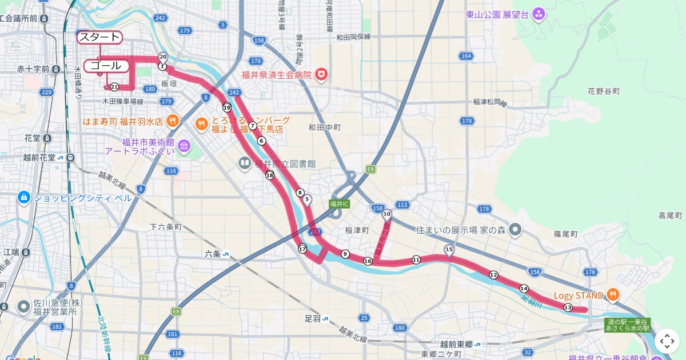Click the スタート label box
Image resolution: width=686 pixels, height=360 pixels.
coord(99,38)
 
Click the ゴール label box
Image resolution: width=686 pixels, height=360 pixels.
coord(106,66)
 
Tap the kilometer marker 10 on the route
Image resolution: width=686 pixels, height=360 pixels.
coord(387,215)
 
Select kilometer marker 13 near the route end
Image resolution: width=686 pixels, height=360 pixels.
coord(568,307)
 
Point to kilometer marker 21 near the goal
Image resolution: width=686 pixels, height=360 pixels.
coord(114,87)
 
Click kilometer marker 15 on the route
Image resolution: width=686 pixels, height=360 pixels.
coord(449,250)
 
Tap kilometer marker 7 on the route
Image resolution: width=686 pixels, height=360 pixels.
coord(252,126)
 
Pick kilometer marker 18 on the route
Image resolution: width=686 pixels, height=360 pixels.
coord(270,175)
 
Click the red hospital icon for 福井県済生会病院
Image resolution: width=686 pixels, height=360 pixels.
coord(322,75)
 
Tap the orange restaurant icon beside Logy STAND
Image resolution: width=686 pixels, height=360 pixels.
coord(613,295)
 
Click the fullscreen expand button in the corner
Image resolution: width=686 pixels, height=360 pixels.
coord(667,341)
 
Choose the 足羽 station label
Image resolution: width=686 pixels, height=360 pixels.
coord(316,318)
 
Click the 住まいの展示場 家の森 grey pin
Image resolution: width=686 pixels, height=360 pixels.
coord(515,230)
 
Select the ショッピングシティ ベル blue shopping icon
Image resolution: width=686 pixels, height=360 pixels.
coord(23,198)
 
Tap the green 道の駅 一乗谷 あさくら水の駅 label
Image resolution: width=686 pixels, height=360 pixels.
coord(628,325)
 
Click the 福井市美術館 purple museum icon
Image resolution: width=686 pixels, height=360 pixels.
coord(184,147)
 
